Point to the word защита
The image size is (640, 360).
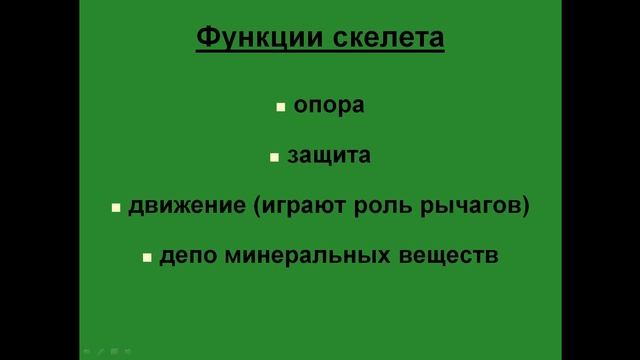[329, 156]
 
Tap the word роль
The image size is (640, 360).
[368, 207]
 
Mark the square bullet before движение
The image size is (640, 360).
[116, 208]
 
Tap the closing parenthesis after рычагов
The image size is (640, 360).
[525, 208]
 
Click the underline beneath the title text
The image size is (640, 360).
[319, 53]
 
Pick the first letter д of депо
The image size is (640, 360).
[166, 257]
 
